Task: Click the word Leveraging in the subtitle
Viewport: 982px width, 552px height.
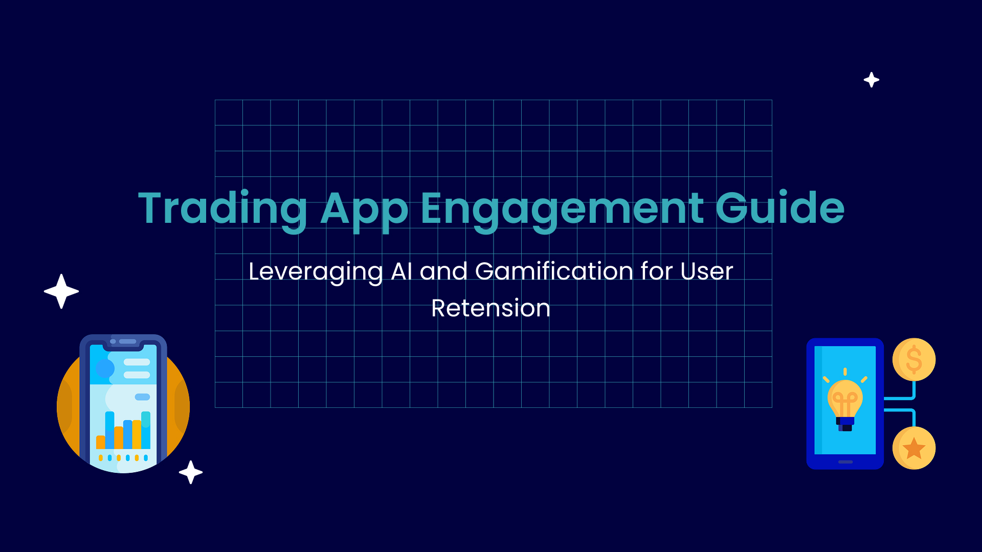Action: point(316,272)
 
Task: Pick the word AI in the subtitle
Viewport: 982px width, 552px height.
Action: point(401,271)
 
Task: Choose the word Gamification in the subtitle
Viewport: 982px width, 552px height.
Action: point(554,271)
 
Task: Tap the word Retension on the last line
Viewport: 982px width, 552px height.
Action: point(491,308)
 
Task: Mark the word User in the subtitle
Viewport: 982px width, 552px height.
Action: point(707,271)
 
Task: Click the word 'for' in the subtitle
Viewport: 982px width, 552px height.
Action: point(657,271)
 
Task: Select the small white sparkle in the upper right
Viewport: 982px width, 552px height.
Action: point(872,80)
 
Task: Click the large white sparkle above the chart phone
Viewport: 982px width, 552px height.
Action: point(61,291)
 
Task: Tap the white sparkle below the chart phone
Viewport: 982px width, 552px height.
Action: point(191,472)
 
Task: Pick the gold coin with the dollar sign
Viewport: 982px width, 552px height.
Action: point(914,359)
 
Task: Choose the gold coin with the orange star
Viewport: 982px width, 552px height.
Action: point(914,448)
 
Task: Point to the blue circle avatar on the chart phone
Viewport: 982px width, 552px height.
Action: point(105,369)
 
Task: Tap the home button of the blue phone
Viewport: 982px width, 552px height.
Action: point(845,462)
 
